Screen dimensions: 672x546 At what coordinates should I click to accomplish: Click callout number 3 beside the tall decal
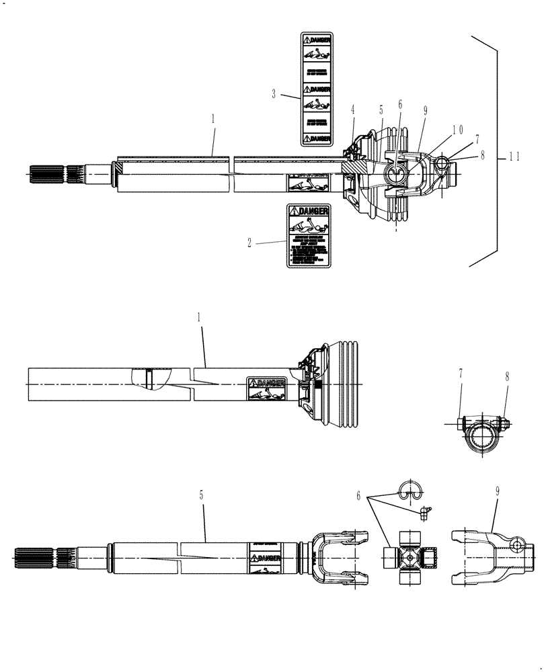pos(274,95)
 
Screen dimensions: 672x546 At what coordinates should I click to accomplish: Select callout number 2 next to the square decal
pos(249,243)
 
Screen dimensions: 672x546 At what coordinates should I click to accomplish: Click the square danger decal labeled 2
pos(309,235)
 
